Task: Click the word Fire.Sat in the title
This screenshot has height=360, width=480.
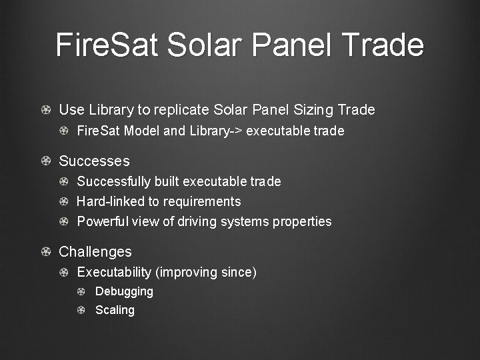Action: click(107, 45)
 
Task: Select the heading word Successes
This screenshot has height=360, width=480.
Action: click(94, 161)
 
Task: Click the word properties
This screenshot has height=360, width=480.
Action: click(301, 221)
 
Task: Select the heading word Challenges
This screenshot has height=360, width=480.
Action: click(95, 252)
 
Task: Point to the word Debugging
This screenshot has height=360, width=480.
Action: click(124, 291)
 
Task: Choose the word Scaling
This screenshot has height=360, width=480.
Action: click(115, 310)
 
